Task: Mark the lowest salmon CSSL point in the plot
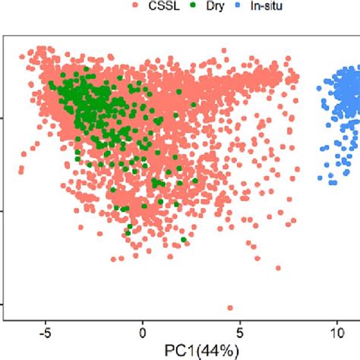coord(230,308)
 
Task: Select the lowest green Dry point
coord(184,240)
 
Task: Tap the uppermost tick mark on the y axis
coord(3,118)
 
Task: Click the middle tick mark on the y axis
coord(3,211)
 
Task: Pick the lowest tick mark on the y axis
coord(3,305)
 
